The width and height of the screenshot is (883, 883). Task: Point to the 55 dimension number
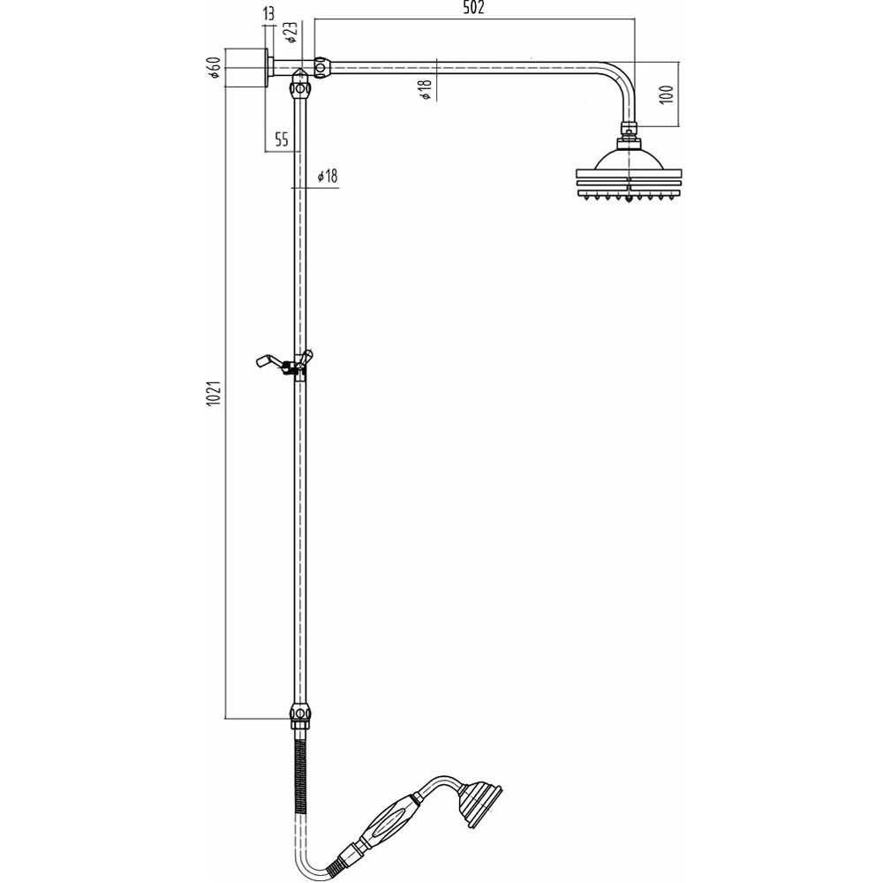coord(281,139)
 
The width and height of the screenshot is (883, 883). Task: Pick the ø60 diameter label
coord(213,68)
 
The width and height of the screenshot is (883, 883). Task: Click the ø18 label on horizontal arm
coord(425,89)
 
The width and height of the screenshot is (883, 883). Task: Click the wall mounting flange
coord(267,67)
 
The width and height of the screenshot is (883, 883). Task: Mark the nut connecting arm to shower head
coord(629,132)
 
